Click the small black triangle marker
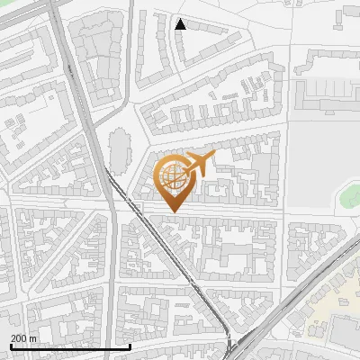click(180, 24)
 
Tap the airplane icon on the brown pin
click(198, 164)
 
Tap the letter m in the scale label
click(34, 338)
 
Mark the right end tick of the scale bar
click(130, 346)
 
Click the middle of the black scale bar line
click(69, 347)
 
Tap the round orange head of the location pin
click(175, 176)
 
